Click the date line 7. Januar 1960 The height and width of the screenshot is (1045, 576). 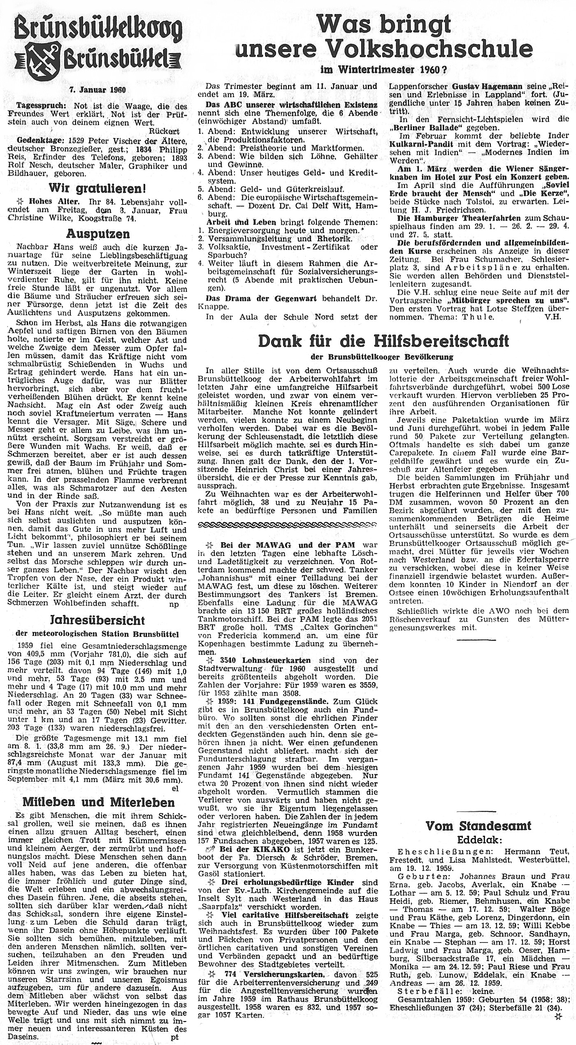(98, 90)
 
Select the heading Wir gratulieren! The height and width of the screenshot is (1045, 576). (97, 188)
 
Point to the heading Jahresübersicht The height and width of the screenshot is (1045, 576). (97, 620)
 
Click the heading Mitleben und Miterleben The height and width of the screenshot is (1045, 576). (98, 802)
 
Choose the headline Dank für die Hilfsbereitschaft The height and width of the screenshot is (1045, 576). (383, 341)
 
